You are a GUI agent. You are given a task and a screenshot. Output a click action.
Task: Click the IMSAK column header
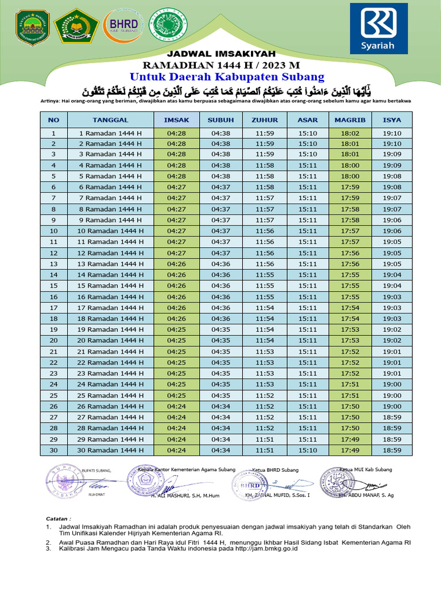pyautogui.click(x=176, y=120)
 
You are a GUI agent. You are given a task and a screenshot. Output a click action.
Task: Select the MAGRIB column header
pyautogui.click(x=350, y=120)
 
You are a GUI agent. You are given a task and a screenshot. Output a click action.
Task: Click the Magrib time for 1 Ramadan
pyautogui.click(x=350, y=133)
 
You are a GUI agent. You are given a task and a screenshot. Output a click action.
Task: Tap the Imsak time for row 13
pyautogui.click(x=176, y=264)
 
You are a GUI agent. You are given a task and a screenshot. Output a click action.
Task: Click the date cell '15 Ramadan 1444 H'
pyautogui.click(x=110, y=286)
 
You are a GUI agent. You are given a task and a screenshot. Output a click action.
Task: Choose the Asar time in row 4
pyautogui.click(x=308, y=166)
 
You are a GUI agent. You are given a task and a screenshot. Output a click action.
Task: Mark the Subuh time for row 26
pyautogui.click(x=220, y=406)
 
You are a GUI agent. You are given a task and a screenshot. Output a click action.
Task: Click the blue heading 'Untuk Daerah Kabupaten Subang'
pyautogui.click(x=227, y=77)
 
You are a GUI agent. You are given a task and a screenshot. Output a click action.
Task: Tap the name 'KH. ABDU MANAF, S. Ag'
pyautogui.click(x=366, y=495)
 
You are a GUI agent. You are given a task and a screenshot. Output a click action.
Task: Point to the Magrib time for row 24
pyautogui.click(x=350, y=384)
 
